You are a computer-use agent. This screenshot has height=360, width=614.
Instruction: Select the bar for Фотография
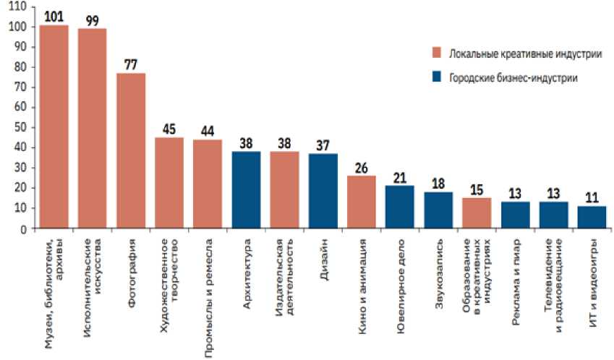point(130,151)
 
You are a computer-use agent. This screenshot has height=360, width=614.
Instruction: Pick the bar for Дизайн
point(323,191)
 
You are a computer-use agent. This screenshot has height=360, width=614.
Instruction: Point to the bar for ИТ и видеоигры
point(592,218)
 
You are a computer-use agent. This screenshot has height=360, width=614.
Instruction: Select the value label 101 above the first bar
point(54,16)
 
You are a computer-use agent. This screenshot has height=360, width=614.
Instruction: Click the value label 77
point(130,64)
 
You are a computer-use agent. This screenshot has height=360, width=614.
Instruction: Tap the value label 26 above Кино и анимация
point(362,167)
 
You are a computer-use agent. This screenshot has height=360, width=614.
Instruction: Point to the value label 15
point(477,189)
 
